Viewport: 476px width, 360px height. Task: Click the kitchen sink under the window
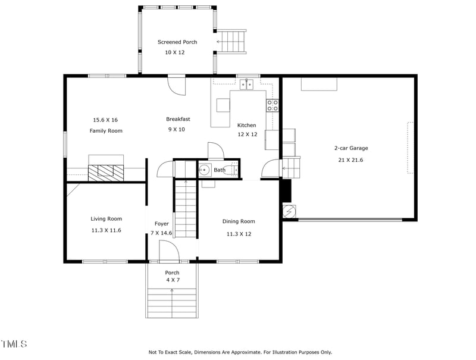tap(247, 84)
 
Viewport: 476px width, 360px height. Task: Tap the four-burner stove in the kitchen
tap(273, 105)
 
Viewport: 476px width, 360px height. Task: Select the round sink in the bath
tap(203, 170)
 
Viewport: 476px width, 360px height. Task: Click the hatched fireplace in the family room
tap(106, 171)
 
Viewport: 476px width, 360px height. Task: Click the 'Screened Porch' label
tap(177, 42)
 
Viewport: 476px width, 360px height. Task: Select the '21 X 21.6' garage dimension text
tap(350, 160)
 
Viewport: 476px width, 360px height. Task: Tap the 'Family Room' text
tap(106, 130)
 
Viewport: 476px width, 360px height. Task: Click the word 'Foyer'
tap(161, 224)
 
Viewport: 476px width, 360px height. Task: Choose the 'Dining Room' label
tap(239, 221)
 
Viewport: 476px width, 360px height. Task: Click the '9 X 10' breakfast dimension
tap(176, 129)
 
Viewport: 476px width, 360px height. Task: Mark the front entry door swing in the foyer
tap(169, 249)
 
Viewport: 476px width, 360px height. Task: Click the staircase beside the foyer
tap(185, 208)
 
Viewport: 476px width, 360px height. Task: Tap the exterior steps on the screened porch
tap(232, 42)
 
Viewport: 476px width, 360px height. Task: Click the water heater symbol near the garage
tap(289, 211)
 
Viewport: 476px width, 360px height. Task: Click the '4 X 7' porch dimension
tap(172, 280)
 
